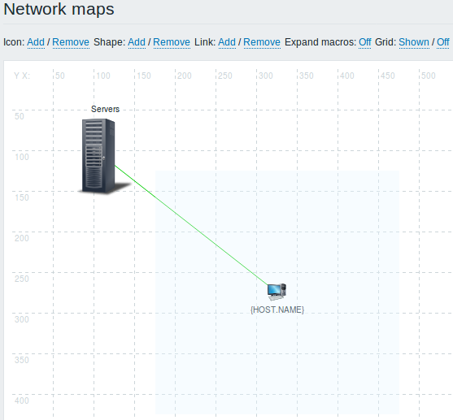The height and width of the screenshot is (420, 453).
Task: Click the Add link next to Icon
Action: (36, 42)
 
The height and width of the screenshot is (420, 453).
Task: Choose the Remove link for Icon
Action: (71, 42)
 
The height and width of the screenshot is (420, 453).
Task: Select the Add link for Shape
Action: (137, 42)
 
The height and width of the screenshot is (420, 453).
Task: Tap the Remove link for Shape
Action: (172, 42)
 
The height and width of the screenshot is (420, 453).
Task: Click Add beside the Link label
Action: (227, 42)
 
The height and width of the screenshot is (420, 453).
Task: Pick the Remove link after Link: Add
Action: (262, 42)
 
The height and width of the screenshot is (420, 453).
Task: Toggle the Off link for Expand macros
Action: (365, 42)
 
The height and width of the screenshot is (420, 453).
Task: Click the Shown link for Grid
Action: (414, 42)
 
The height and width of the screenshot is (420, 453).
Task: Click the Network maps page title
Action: (59, 9)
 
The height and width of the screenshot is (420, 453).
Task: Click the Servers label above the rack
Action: (105, 109)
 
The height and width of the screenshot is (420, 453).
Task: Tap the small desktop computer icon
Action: (277, 292)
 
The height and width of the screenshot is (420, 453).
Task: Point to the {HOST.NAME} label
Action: (277, 310)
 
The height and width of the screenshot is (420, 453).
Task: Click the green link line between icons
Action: (192, 225)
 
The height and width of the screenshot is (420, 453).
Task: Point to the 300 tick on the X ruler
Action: (266, 76)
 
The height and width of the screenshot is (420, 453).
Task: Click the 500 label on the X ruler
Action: (429, 76)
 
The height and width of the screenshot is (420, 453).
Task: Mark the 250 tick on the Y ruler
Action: (22, 279)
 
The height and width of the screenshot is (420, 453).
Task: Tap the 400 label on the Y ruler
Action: (22, 401)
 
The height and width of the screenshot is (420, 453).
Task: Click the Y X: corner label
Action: (22, 76)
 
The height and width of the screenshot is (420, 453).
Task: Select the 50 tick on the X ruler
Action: (60, 76)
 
